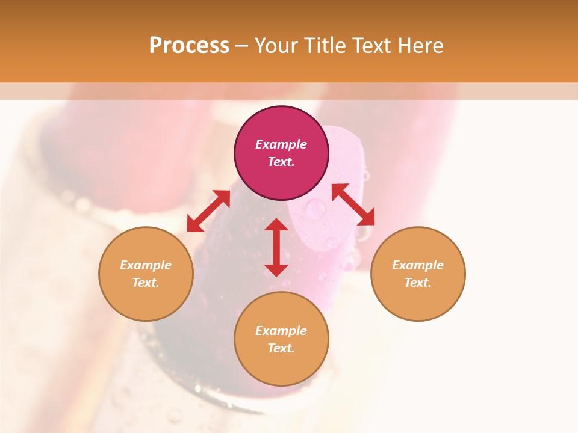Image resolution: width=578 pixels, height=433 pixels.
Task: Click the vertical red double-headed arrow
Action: [276, 247]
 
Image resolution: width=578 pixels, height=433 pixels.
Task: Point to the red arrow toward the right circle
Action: [353, 204]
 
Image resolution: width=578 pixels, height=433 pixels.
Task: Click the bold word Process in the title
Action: [189, 45]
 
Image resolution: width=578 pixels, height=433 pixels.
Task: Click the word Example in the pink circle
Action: [281, 144]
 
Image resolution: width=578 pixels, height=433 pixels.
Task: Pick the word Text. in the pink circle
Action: [281, 162]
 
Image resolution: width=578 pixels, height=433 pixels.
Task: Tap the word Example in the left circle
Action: [146, 265]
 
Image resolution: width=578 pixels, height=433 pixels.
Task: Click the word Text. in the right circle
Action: [418, 283]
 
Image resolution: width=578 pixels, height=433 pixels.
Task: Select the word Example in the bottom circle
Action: [281, 331]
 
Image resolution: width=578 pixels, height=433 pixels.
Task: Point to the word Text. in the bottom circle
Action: [281, 348]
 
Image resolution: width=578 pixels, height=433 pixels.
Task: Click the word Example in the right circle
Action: [418, 265]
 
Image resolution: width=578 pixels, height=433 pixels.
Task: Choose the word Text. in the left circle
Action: [146, 283]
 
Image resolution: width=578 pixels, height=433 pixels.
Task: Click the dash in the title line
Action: [242, 46]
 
